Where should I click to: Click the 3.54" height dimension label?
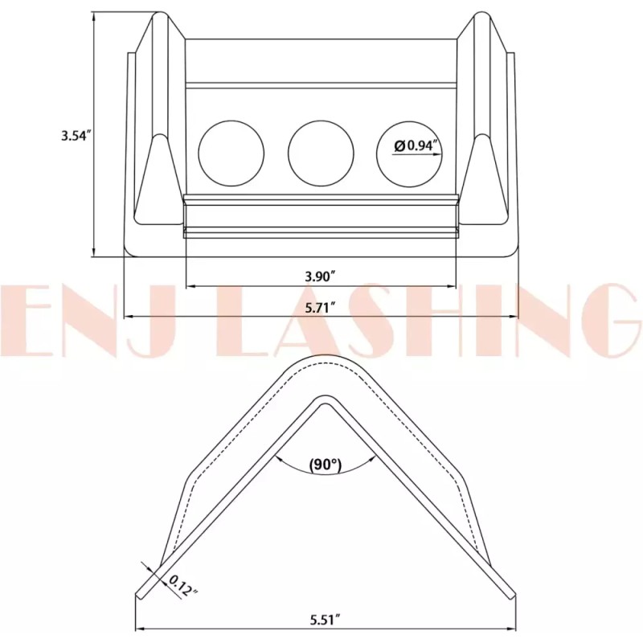tap(76, 136)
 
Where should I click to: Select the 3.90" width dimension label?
tap(320, 276)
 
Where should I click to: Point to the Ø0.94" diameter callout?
tap(416, 146)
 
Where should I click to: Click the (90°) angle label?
tap(325, 465)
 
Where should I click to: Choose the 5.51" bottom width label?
tap(326, 620)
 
